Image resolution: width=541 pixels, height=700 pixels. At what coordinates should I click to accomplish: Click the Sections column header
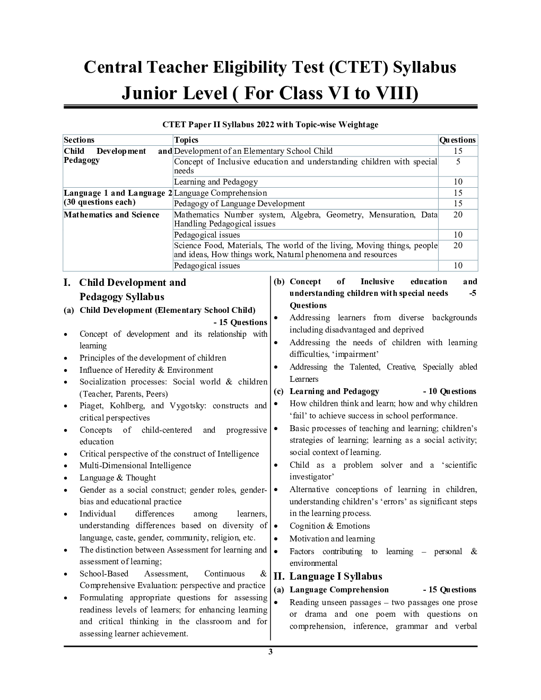tap(79, 140)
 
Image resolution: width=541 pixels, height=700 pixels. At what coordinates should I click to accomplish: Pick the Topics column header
tap(186, 140)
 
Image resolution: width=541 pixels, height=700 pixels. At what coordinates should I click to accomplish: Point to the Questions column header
tap(458, 140)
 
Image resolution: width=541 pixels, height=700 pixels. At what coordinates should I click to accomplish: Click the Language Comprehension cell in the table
tap(221, 193)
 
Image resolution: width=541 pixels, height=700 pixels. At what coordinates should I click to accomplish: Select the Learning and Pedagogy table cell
tap(216, 182)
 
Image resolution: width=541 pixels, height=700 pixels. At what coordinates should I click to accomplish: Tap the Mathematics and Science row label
tap(111, 215)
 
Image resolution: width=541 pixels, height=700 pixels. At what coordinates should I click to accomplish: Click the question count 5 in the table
tap(458, 162)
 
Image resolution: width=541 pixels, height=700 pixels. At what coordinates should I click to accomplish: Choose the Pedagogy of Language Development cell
tap(239, 204)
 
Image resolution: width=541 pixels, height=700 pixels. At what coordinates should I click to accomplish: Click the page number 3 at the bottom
tap(270, 652)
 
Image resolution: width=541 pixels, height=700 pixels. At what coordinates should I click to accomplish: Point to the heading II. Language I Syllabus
tap(328, 576)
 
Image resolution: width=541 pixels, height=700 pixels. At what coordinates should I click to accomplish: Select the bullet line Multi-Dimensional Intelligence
tap(135, 466)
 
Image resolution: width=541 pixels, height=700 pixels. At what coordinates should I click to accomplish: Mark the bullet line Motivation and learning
tap(332, 539)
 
